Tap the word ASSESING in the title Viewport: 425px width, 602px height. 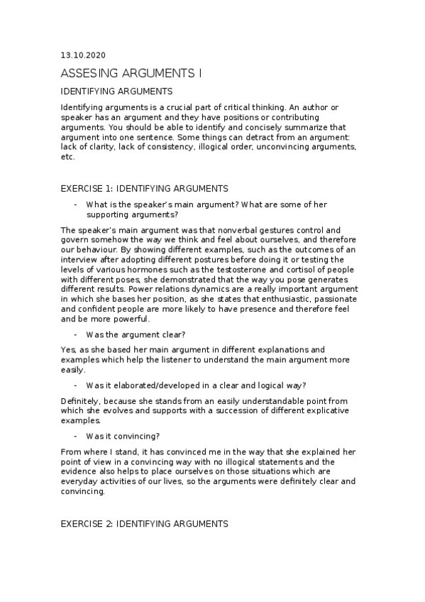click(x=86, y=73)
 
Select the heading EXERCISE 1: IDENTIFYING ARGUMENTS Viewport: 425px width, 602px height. click(x=144, y=188)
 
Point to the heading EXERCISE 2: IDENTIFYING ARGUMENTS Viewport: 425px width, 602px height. click(x=144, y=524)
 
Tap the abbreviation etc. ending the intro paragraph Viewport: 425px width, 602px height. click(x=68, y=157)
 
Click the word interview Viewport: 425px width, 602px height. click(x=79, y=260)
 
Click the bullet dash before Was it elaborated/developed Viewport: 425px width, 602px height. click(x=75, y=385)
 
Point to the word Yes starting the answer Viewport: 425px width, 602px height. click(x=68, y=350)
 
